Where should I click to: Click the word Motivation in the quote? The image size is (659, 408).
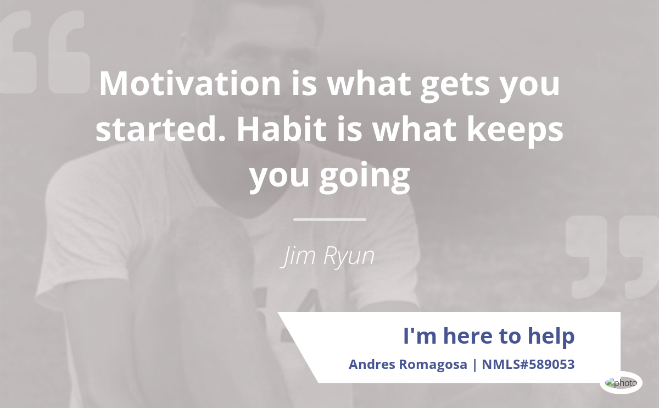[190, 84]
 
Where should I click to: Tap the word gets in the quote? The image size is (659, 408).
[455, 85]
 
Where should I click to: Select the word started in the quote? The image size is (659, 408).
[160, 129]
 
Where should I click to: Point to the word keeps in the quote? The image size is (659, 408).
[515, 131]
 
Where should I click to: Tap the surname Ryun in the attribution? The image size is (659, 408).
[349, 257]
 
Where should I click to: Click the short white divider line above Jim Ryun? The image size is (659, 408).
[329, 219]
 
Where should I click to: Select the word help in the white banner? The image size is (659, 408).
[551, 336]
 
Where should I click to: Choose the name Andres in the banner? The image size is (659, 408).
[372, 365]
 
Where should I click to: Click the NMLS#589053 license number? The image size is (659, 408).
[528, 365]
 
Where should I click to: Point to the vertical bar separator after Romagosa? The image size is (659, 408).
[474, 365]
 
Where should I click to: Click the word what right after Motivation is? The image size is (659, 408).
[369, 84]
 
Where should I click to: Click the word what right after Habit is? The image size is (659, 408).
[414, 129]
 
